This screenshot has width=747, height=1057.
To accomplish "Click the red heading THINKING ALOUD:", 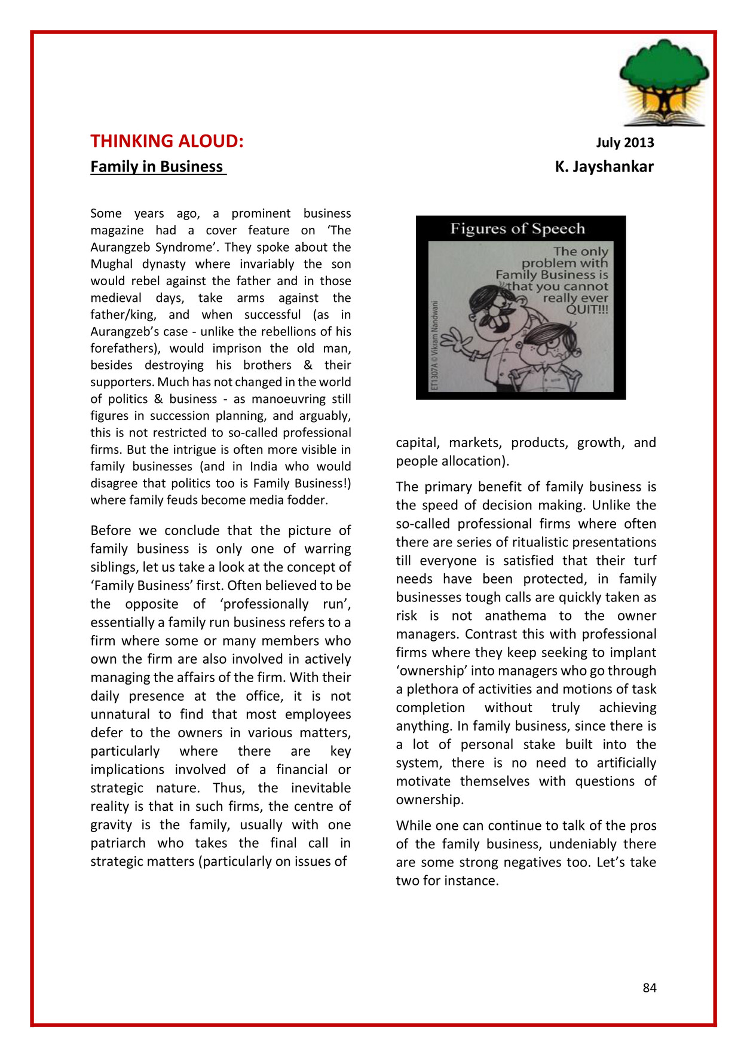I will pos(167,141).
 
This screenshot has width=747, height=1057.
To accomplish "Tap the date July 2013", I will pos(624,142).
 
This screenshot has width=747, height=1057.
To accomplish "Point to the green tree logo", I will pos(664,81).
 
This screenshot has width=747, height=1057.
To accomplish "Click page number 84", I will pos(650,988).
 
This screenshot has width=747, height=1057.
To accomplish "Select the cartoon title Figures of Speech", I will pos(518,228).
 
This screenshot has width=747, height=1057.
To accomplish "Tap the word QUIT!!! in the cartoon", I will pos(587,309).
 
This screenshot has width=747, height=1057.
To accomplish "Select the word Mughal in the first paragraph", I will pos(112,264).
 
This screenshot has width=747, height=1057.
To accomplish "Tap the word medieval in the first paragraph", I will pos(116,298).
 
